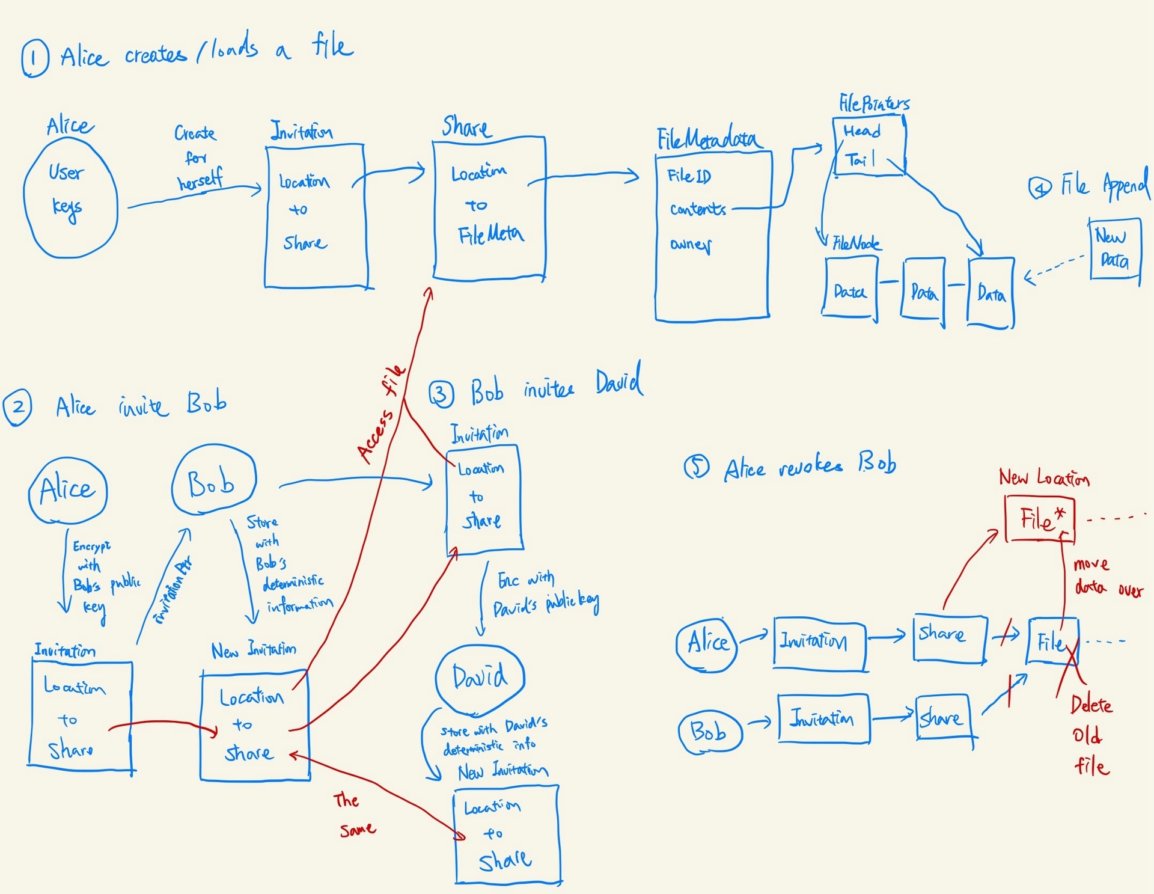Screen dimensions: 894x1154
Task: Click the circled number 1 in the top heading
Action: (35, 58)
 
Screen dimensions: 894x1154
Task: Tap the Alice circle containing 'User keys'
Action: (70, 197)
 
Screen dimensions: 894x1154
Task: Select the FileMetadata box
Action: (713, 234)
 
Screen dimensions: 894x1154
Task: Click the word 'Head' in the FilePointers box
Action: (861, 131)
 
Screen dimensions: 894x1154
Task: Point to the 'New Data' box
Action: (1115, 249)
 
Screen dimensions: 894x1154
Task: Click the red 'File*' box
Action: (1039, 518)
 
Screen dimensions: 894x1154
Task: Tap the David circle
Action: (480, 678)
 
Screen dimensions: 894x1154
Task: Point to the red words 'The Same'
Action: (355, 815)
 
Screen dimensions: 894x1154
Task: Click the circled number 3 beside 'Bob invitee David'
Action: (441, 395)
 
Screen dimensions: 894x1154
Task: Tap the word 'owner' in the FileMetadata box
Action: (691, 245)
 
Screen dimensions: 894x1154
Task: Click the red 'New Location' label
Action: (1044, 478)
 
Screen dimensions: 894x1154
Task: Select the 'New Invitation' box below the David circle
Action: (507, 834)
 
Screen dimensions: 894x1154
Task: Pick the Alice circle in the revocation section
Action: (707, 644)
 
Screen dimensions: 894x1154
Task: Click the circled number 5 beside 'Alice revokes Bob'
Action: (697, 467)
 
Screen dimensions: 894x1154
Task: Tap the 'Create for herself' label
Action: (197, 158)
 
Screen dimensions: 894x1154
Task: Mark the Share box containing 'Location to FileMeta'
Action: (489, 208)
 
